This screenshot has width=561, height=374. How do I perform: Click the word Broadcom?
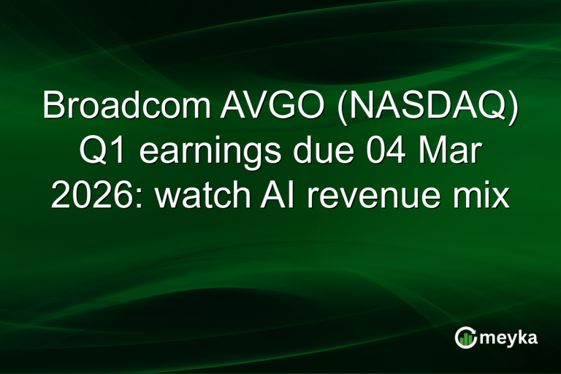pyautogui.click(x=126, y=107)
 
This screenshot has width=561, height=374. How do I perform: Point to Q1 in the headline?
pyautogui.click(x=97, y=152)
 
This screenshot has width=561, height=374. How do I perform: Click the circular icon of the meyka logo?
pyautogui.click(x=466, y=337)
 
